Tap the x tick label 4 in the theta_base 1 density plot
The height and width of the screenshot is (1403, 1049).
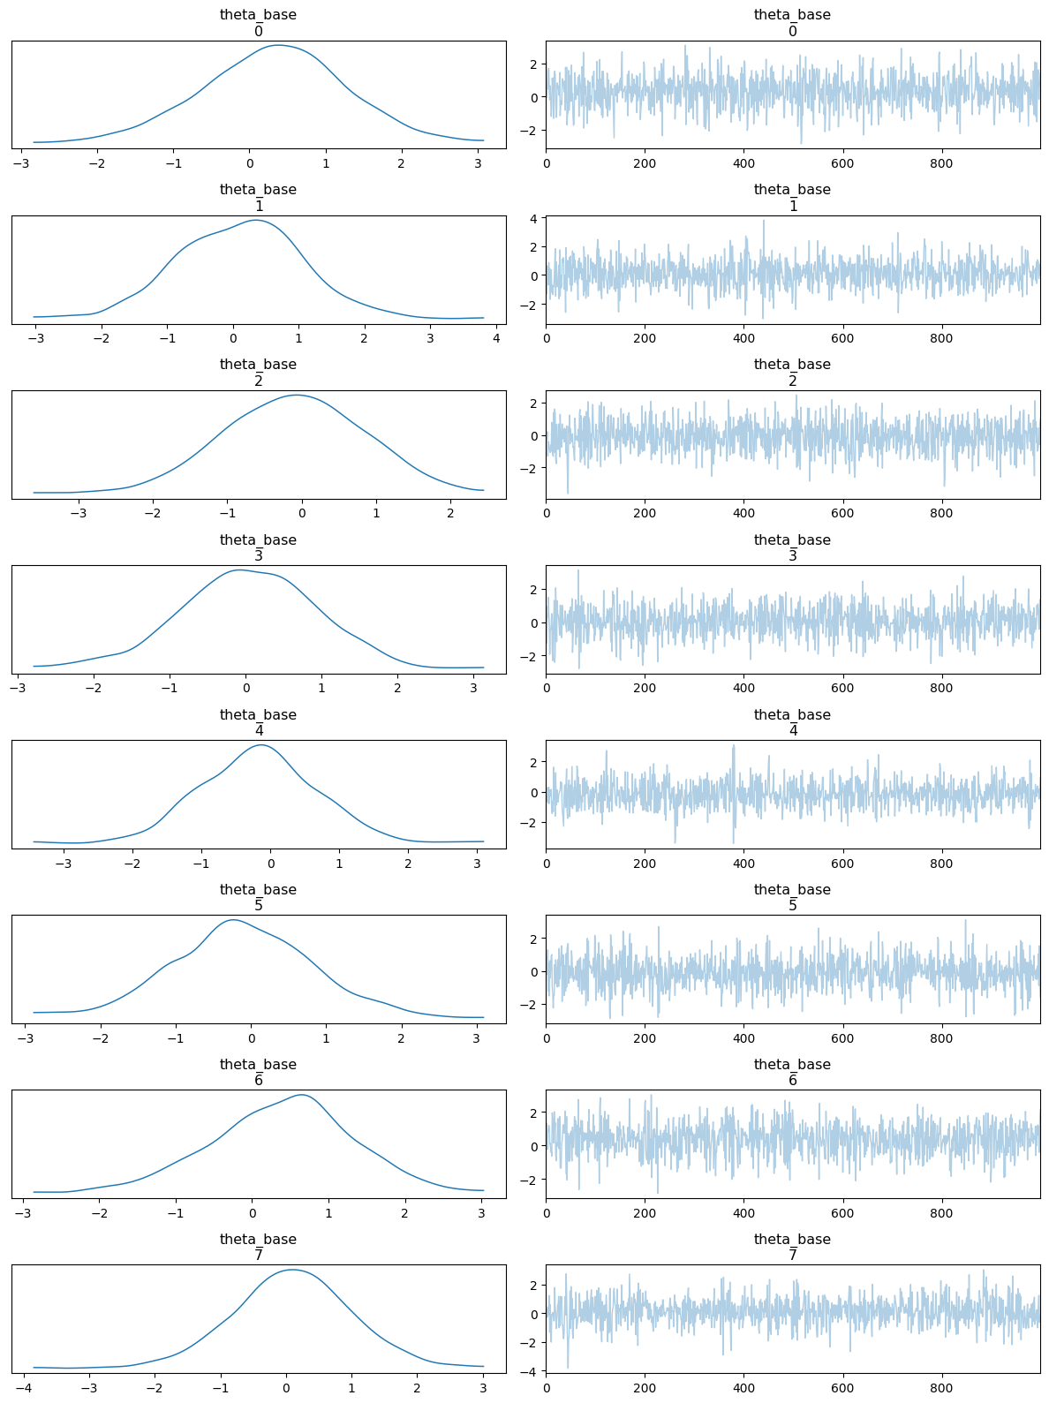[x=495, y=337]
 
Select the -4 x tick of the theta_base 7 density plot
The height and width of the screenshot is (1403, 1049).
[x=24, y=1388]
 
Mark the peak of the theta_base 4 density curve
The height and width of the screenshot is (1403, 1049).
[x=261, y=745]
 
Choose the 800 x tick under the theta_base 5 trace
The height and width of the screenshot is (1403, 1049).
[x=942, y=1038]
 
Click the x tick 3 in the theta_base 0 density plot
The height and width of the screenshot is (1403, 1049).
[x=478, y=162]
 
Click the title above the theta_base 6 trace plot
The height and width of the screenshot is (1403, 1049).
[x=792, y=1072]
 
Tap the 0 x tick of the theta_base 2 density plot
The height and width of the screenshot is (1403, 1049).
[x=302, y=513]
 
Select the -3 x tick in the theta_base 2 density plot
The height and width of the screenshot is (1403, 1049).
[x=79, y=513]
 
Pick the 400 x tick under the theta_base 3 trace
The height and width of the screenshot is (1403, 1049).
[x=743, y=688]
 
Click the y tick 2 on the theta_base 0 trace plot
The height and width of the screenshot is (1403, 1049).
[x=536, y=64]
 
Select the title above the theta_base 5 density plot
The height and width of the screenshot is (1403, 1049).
[x=258, y=897]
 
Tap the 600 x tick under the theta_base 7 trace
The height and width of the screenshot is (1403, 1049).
[x=842, y=1388]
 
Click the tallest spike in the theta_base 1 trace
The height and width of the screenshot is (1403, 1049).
[x=764, y=221]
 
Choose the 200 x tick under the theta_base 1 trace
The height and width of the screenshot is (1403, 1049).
[x=645, y=337]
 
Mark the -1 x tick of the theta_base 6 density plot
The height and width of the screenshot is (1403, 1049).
[x=176, y=1213]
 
